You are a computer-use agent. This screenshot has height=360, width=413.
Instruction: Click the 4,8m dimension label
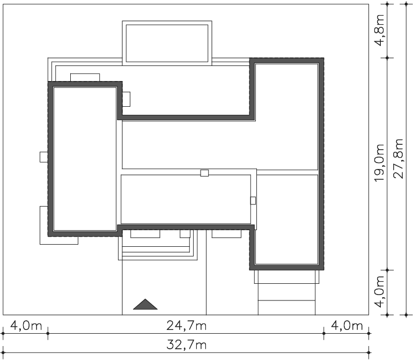point(380,30)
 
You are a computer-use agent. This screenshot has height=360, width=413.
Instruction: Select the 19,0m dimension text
point(380,163)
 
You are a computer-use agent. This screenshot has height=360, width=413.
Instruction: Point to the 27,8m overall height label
point(398,159)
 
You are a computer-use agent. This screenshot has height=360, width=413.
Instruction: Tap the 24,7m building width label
point(186,326)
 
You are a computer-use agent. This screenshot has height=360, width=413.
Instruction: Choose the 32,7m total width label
point(186,345)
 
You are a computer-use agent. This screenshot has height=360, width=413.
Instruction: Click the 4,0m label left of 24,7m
point(26,326)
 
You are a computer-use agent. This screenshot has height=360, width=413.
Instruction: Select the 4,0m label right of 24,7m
point(347,326)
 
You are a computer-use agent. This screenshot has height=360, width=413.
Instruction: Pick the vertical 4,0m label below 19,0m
point(380,292)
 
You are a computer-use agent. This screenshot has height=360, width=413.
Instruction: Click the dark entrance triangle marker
point(145,304)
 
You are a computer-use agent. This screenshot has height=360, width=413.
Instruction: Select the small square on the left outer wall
point(44,157)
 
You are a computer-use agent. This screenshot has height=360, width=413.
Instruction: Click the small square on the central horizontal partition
point(204,173)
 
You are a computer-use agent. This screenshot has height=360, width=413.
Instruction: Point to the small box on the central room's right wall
point(253,201)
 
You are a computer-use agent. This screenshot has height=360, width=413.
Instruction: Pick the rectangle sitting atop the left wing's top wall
point(85,77)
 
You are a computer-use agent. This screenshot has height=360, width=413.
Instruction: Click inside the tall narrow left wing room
point(85,159)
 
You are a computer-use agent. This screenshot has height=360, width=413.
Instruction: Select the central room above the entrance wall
point(186,199)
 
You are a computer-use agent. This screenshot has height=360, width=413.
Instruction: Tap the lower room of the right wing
point(287,219)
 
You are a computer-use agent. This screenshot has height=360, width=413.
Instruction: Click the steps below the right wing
point(286,292)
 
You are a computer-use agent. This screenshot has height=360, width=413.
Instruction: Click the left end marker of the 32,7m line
point(3,352)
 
